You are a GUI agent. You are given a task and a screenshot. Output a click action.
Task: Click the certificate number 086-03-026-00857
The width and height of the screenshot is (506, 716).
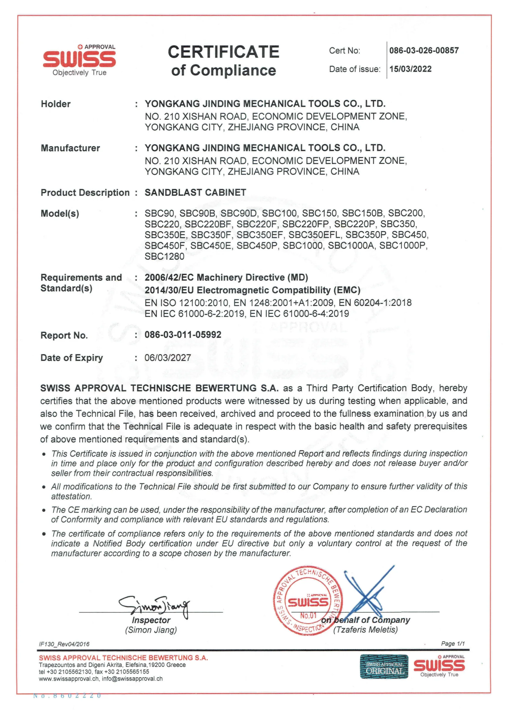(x=424, y=51)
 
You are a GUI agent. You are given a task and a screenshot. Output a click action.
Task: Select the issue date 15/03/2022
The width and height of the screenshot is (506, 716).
(x=410, y=69)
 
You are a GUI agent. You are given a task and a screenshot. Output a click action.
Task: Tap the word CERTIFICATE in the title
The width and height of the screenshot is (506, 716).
(x=223, y=52)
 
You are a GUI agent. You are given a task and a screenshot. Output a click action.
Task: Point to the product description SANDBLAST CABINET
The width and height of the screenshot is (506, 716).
(x=195, y=193)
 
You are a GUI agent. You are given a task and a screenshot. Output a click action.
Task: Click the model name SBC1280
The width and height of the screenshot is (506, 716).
(x=164, y=256)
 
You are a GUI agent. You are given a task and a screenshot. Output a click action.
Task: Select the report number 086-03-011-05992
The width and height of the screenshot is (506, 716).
(x=183, y=335)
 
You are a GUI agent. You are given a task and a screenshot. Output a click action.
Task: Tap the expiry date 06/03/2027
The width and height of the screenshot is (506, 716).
(x=168, y=357)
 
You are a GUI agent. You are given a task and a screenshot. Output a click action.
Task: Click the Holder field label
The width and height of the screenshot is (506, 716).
(x=55, y=104)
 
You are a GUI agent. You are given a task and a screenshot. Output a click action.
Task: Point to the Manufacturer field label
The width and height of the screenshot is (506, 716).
(x=70, y=148)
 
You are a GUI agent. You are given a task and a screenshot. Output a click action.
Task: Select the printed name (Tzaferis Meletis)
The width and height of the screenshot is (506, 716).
(x=365, y=630)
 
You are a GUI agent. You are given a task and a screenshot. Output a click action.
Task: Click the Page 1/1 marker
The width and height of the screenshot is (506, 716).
(x=453, y=644)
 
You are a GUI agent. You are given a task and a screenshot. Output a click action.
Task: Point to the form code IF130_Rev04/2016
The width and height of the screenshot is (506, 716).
(x=64, y=644)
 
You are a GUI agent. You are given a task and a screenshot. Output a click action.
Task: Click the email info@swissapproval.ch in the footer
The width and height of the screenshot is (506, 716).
(x=132, y=679)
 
